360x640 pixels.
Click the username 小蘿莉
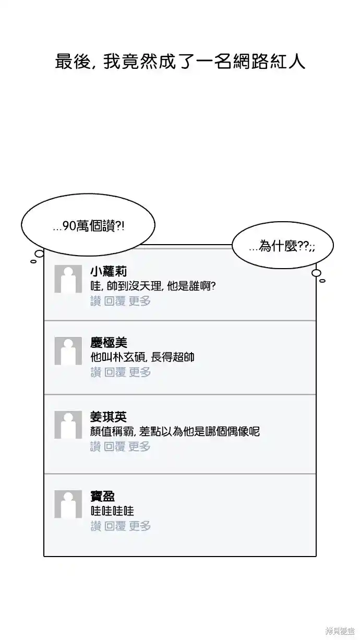pyautogui.click(x=109, y=271)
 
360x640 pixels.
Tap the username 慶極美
pyautogui.click(x=109, y=343)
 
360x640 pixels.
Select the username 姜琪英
pyautogui.click(x=109, y=417)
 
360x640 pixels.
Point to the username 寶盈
pyautogui.click(x=103, y=497)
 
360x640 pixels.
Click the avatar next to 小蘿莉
pyautogui.click(x=68, y=279)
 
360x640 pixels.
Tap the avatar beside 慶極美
pyautogui.click(x=68, y=351)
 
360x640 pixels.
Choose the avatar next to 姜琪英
pyautogui.click(x=68, y=425)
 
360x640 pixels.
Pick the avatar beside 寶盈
pyautogui.click(x=68, y=504)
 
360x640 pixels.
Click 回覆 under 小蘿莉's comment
pyautogui.click(x=115, y=301)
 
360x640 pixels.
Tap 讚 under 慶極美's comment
pyautogui.click(x=95, y=372)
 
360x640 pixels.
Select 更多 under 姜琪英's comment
pyautogui.click(x=139, y=446)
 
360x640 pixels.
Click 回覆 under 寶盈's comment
pyautogui.click(x=115, y=526)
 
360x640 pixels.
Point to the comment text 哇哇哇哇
pyautogui.click(x=112, y=511)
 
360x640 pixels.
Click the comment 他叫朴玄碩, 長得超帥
pyautogui.click(x=142, y=357)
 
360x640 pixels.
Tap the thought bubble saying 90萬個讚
pyautogui.click(x=88, y=225)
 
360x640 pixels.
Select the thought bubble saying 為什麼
pyautogui.click(x=283, y=246)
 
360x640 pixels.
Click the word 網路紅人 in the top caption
pyautogui.click(x=269, y=62)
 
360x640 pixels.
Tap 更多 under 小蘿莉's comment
pyautogui.click(x=139, y=301)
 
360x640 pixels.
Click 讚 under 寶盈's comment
pyautogui.click(x=95, y=526)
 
